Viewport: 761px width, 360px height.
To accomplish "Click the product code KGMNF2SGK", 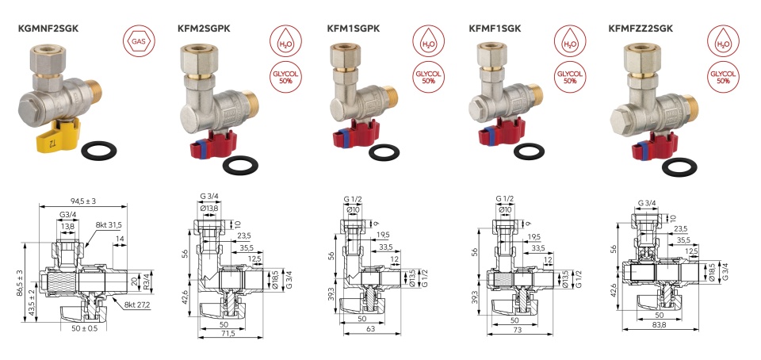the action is (48, 29).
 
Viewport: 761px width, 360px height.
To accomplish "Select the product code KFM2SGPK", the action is (204, 29).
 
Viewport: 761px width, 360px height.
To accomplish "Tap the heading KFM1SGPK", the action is (354, 29).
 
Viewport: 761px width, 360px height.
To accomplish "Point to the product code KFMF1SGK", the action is (495, 29).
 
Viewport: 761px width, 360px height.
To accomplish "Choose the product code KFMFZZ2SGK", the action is (641, 29).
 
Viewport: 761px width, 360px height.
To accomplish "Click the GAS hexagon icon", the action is (140, 41).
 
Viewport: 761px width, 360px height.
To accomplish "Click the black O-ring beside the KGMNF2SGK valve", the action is (100, 151).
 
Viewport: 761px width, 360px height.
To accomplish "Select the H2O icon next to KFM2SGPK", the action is (286, 41).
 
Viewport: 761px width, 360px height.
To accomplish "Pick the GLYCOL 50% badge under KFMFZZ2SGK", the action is (723, 77).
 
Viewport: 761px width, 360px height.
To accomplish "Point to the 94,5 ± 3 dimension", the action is (82, 201).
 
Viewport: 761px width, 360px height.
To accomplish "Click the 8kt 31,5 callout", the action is (109, 224).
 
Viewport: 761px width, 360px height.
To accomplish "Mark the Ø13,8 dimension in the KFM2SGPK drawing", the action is (209, 208).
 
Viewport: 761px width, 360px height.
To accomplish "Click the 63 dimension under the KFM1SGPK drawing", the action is (370, 329).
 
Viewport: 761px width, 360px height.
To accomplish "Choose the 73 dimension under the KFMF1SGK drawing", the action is (517, 330).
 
